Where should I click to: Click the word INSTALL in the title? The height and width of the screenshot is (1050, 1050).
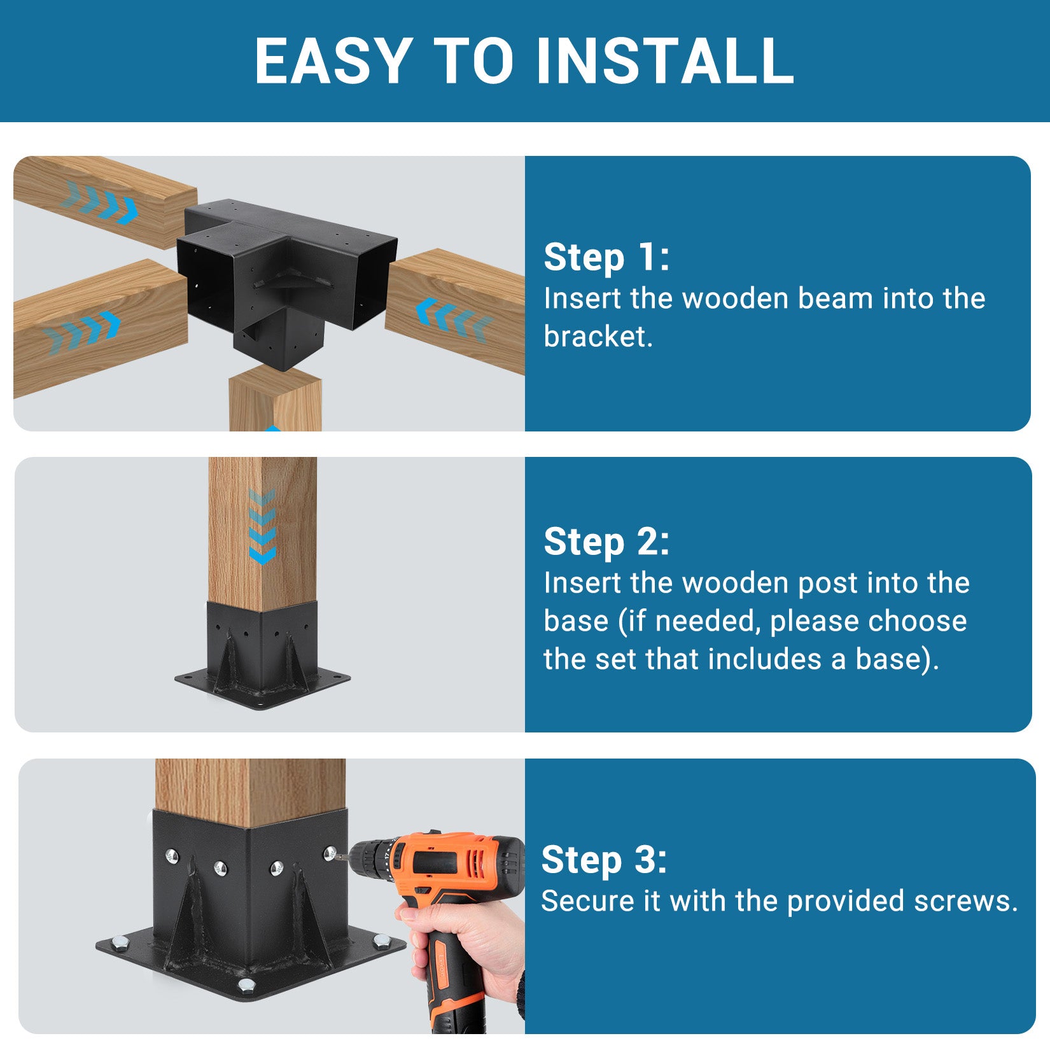pyautogui.click(x=665, y=60)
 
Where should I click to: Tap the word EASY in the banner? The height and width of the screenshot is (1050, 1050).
pyautogui.click(x=333, y=60)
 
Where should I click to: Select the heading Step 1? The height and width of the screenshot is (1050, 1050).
pyautogui.click(x=606, y=257)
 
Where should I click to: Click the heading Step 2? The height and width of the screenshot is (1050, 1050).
pyautogui.click(x=606, y=542)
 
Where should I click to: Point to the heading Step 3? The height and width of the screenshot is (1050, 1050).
pyautogui.click(x=604, y=860)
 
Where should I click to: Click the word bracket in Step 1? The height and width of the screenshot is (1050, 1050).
pyautogui.click(x=598, y=337)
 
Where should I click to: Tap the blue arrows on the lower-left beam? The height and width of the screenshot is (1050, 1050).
pyautogui.click(x=81, y=332)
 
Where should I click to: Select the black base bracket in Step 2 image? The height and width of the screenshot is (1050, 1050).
pyautogui.click(x=262, y=655)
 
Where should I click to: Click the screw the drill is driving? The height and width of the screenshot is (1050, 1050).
pyautogui.click(x=330, y=853)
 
